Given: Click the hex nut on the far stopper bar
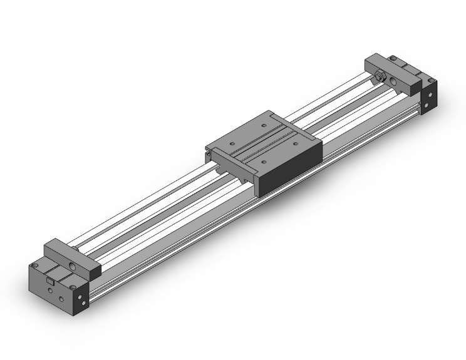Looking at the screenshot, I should click(x=379, y=76).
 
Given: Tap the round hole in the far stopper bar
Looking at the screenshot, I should click(x=393, y=81).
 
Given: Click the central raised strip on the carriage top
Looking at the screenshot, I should click(x=263, y=145).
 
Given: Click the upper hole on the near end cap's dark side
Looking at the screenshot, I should click(x=80, y=295).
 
